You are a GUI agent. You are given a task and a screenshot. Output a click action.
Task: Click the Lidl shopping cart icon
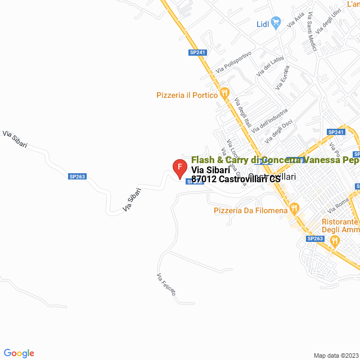(276, 22)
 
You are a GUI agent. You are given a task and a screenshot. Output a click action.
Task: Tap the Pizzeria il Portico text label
(187, 95)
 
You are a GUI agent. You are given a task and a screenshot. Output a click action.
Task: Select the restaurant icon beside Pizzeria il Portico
(224, 93)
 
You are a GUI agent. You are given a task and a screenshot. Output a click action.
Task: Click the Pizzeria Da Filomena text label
(250, 211)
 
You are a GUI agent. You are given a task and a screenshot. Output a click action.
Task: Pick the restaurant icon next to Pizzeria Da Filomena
(294, 210)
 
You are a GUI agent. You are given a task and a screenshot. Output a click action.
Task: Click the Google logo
(19, 353)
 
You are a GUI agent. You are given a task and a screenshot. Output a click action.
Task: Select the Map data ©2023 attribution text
(335, 355)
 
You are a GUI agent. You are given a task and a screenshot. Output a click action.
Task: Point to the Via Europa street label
(282, 79)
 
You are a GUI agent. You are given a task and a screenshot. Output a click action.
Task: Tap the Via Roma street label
(343, 204)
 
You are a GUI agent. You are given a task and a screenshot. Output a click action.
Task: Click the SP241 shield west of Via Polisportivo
(198, 52)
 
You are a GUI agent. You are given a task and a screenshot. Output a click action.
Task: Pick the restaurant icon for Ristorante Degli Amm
(335, 241)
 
